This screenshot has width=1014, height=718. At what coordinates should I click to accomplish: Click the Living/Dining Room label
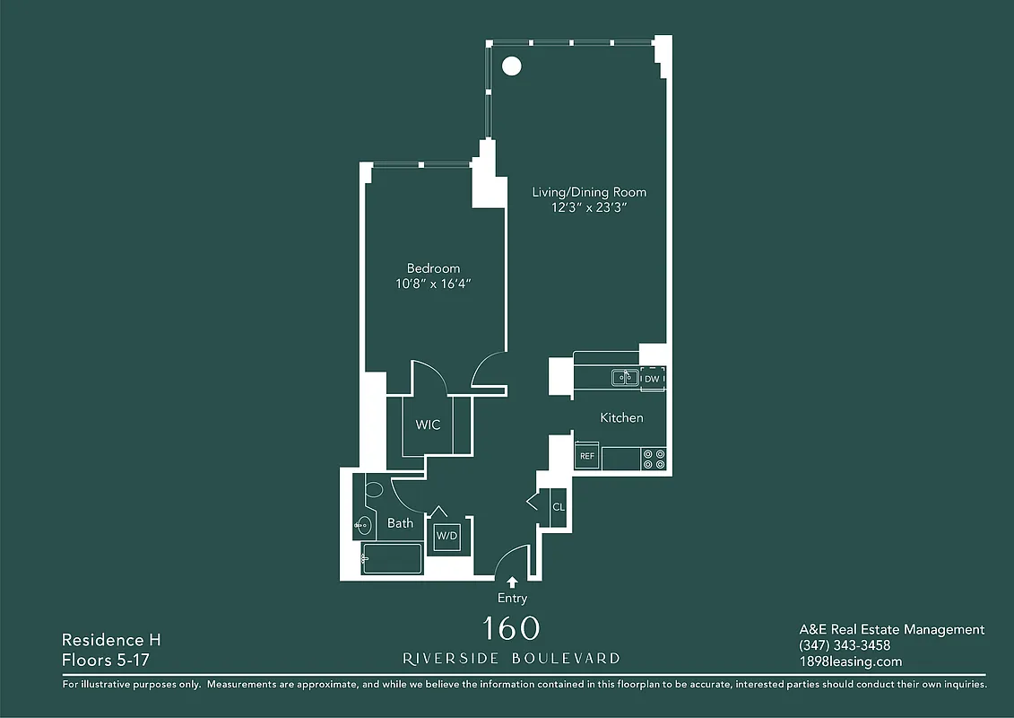click(x=589, y=192)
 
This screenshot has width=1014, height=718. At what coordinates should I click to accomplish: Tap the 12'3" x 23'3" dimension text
click(x=589, y=207)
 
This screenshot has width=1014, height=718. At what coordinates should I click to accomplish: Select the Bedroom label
click(x=433, y=268)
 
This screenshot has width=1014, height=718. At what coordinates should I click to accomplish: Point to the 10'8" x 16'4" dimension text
click(x=433, y=284)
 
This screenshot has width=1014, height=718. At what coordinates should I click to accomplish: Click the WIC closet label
click(x=428, y=425)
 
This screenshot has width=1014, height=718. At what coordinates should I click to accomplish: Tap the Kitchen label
click(x=621, y=417)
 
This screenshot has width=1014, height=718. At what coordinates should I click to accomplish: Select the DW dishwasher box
click(x=653, y=379)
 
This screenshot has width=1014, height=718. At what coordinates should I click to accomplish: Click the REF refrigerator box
click(x=587, y=456)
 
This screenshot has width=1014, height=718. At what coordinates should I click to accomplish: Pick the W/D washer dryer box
click(x=447, y=537)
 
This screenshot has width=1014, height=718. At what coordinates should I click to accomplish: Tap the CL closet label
click(x=558, y=507)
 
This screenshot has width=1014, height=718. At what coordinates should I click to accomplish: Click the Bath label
click(x=400, y=522)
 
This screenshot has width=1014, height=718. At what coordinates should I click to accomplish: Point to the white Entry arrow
click(x=512, y=582)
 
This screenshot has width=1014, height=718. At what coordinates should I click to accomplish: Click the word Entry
click(x=512, y=598)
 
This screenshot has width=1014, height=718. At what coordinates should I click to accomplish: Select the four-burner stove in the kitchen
click(x=654, y=459)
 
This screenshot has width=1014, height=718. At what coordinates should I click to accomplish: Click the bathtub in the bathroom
click(x=392, y=558)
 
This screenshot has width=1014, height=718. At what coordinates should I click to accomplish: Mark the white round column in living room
click(x=511, y=66)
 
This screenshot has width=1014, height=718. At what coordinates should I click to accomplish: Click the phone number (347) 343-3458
click(x=845, y=645)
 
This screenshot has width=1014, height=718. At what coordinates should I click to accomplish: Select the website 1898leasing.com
click(x=850, y=661)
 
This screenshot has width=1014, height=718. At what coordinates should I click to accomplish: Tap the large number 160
click(x=511, y=627)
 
